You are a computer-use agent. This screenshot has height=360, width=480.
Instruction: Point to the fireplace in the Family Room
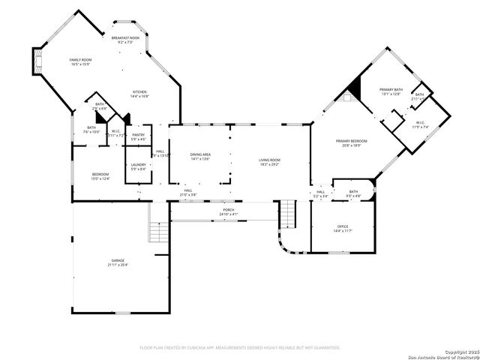36,61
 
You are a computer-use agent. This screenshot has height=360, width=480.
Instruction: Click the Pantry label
139,136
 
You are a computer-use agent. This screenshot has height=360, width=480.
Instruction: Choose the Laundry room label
138,166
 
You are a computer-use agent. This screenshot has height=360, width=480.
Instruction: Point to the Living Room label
269,161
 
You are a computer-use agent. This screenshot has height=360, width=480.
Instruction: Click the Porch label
228,212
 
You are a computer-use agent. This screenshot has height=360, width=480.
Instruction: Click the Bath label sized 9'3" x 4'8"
352,193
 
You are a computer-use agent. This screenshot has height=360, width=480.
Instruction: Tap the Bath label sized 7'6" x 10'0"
91,130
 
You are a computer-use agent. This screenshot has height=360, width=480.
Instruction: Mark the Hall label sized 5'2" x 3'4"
320,193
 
